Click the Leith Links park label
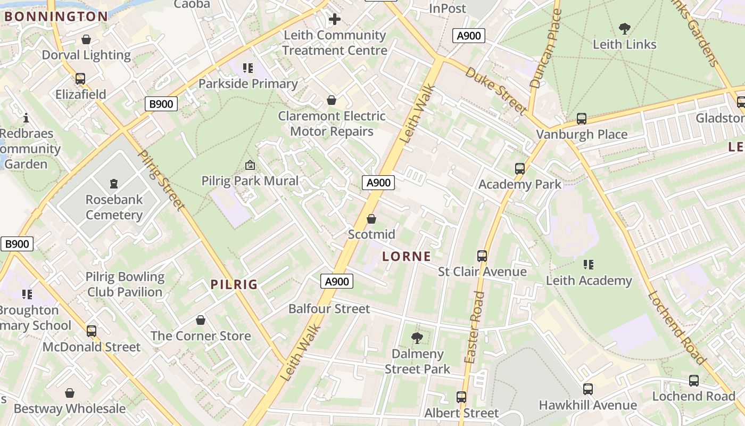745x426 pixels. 624,44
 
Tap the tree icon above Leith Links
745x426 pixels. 625,28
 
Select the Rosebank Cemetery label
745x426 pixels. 114,207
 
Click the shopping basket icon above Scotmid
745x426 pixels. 371,219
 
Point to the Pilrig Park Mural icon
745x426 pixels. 250,165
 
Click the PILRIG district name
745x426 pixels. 234,284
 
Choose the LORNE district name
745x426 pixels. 407,256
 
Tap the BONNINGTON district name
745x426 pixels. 56,16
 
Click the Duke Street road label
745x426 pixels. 495,90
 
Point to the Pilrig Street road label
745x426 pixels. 161,180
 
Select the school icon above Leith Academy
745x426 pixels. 588,265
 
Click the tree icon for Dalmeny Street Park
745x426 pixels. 417,338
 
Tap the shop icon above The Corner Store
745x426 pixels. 201,320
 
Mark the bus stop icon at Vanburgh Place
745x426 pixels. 582,119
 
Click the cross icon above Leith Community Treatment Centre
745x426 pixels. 334,20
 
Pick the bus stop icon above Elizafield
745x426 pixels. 80,79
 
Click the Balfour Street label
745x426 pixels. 329,309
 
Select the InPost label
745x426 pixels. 448,9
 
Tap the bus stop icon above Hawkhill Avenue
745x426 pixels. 587,389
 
